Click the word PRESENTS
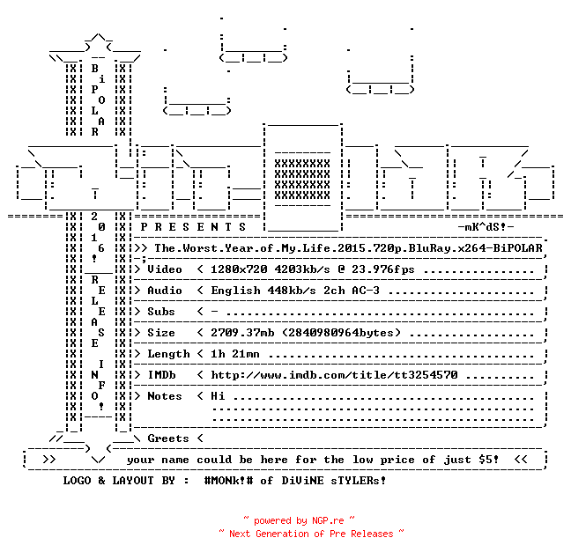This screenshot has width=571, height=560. point(193,227)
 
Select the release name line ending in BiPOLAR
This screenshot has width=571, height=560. point(348,248)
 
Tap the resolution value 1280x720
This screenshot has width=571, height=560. point(239,269)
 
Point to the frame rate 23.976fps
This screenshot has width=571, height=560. point(382,269)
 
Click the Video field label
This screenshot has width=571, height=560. point(165,269)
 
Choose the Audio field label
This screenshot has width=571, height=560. point(165,291)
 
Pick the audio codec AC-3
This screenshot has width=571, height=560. point(366,291)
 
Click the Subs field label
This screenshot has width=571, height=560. point(161,312)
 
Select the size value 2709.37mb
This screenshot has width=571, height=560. point(242,333)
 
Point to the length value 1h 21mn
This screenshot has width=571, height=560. point(235,354)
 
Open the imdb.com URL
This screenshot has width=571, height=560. point(334,375)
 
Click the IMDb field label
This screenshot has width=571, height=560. point(161,375)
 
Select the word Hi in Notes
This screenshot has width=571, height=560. point(218,396)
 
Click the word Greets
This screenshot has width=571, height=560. point(168,438)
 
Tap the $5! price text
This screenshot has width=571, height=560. point(489,460)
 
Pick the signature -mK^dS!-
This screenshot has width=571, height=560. point(486,227)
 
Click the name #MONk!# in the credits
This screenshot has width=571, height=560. point(228,480)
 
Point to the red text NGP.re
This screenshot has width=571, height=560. point(328,520)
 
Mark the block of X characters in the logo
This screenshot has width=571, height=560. point(302,180)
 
